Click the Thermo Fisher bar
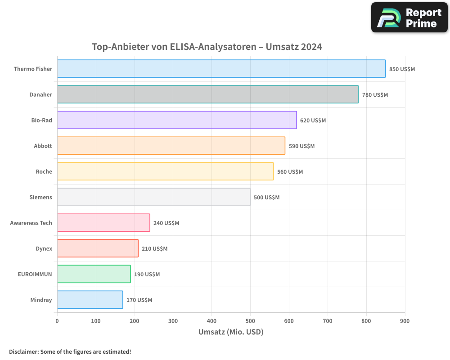[x=221, y=69]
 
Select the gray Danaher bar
[x=207, y=94]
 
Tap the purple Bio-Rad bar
[x=177, y=120]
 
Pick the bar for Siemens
[x=153, y=197]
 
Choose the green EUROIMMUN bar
[x=94, y=274]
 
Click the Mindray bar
[x=90, y=300]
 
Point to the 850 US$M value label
[x=402, y=69]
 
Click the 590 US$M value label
[x=301, y=146]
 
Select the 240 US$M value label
[x=166, y=223]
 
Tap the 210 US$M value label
[x=154, y=249]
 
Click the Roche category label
[x=44, y=171]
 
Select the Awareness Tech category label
[x=31, y=223]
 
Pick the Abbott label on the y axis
[x=43, y=146]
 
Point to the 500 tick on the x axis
[x=250, y=321]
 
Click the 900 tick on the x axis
[x=405, y=321]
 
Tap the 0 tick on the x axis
[x=57, y=321]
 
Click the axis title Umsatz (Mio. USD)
[x=231, y=332]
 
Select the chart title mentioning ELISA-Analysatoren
[x=207, y=47]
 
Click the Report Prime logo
[x=409, y=18]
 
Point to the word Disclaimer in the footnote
[x=23, y=351]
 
